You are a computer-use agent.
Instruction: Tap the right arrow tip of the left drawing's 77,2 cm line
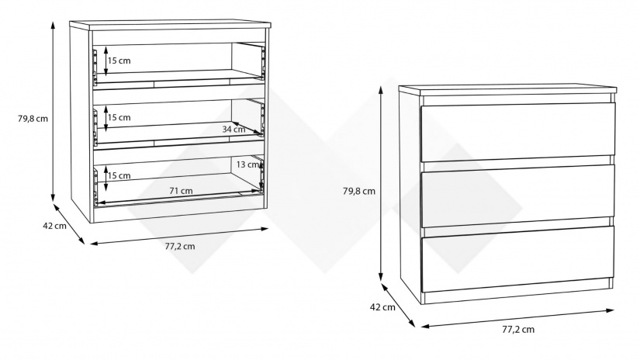[268, 229]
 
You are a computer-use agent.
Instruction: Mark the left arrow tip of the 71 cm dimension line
[99, 202]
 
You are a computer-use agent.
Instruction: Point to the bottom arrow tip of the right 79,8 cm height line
[381, 282]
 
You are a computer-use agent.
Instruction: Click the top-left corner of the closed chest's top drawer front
[420, 106]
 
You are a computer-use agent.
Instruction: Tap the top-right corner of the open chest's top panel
[271, 22]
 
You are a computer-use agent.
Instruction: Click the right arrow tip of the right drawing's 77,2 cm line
[614, 310]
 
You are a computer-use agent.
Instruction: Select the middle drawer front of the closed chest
[517, 196]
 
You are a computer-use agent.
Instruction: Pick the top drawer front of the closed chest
[518, 132]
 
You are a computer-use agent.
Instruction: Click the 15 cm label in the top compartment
[119, 61]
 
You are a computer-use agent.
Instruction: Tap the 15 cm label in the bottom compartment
[119, 176]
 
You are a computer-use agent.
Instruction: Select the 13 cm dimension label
[247, 164]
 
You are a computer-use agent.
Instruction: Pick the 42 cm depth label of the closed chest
[382, 307]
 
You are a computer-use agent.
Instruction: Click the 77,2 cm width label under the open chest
[180, 247]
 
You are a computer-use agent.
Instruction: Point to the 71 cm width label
[181, 191]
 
